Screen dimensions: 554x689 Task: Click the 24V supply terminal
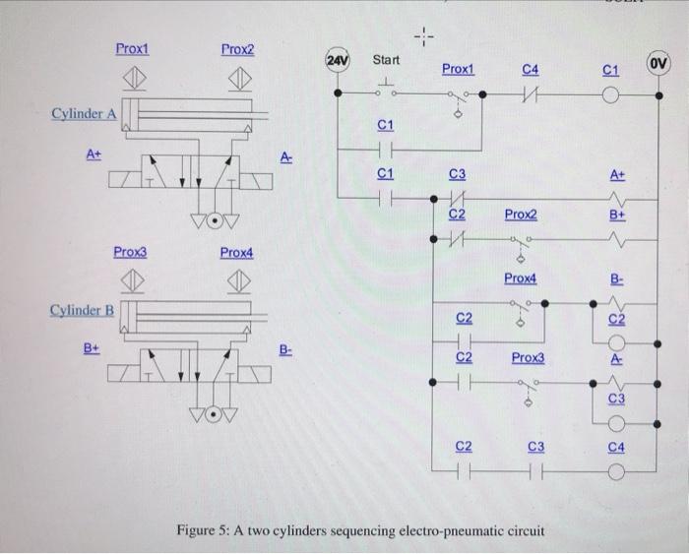[x=337, y=61]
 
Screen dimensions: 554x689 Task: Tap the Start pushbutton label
[x=386, y=61]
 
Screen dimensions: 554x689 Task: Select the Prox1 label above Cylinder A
[x=131, y=47]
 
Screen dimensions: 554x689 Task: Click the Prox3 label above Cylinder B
[x=131, y=253]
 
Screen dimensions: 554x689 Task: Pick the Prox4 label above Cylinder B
[x=236, y=253]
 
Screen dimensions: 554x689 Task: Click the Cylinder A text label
[x=84, y=114]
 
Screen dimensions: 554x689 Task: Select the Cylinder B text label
[x=84, y=311]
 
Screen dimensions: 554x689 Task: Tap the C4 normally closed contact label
[x=531, y=69]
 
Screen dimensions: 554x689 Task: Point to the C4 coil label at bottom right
[x=616, y=449]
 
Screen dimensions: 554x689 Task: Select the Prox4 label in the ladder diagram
[x=520, y=279]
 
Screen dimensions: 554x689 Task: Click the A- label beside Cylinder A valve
[x=285, y=155]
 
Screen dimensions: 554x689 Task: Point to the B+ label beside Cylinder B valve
[x=92, y=347]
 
